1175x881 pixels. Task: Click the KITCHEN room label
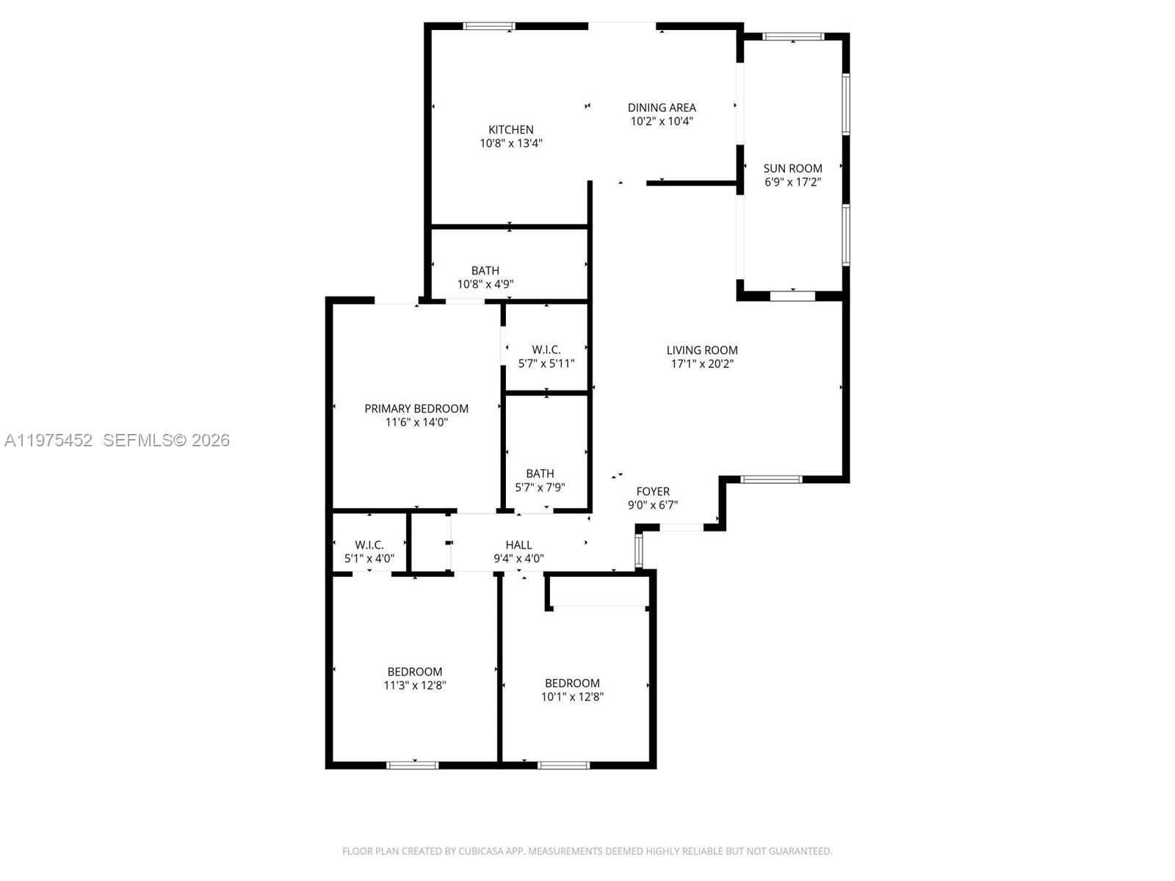(x=511, y=130)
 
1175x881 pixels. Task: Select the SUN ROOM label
(x=792, y=168)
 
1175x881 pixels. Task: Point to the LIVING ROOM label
(x=702, y=350)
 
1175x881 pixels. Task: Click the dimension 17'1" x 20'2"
(x=702, y=364)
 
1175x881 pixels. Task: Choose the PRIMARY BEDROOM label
(x=416, y=409)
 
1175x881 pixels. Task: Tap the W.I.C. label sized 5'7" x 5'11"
(x=546, y=350)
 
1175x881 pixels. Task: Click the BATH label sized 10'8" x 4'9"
(x=485, y=271)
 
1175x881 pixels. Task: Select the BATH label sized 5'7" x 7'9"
(x=540, y=474)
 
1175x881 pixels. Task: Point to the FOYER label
(x=653, y=492)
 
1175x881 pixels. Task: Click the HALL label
(x=518, y=545)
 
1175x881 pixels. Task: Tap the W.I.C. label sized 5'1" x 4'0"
(x=369, y=545)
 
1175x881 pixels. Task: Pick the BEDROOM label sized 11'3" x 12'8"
(x=415, y=672)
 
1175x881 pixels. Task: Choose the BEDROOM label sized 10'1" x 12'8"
(x=572, y=684)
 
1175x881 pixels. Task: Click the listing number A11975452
(x=48, y=440)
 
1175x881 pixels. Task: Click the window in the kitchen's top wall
(x=489, y=26)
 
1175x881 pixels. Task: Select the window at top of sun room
(x=793, y=37)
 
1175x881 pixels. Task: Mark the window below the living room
(x=771, y=479)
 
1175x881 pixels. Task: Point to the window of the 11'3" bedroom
(x=413, y=765)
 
